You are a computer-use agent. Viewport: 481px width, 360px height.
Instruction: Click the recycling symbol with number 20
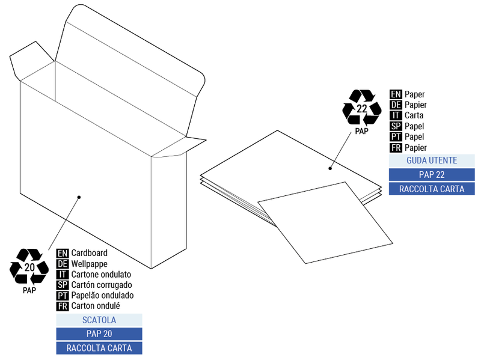coord(29,267)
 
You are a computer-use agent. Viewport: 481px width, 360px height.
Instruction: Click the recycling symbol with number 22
coord(361,108)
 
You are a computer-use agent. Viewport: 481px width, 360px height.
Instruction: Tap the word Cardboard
coord(89,253)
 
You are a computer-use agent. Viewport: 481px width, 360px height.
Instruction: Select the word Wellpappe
coord(89,264)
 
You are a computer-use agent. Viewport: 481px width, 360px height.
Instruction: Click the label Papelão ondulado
coord(102,295)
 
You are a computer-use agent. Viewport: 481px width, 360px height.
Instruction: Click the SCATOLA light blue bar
coord(99,320)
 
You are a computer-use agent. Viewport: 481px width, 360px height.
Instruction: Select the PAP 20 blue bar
coord(99,334)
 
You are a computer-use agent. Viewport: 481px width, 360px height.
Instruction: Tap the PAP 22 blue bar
coord(432,175)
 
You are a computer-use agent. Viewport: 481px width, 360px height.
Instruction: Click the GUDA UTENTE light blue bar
coord(432,160)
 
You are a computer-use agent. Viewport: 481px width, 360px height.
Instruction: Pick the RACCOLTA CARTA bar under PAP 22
coord(432,189)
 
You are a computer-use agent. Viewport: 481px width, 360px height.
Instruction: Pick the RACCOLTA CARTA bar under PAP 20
coord(99,348)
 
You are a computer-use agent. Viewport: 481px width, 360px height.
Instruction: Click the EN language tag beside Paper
coord(396,94)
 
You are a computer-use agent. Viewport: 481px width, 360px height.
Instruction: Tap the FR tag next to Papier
coord(396,147)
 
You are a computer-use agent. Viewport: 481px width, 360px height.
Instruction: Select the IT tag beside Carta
coord(396,115)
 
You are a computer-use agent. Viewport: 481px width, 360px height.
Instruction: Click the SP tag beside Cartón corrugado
coord(63,285)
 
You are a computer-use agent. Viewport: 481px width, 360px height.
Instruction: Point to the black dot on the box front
coord(79,197)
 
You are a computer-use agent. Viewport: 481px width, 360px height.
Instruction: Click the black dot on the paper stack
coord(330,168)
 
